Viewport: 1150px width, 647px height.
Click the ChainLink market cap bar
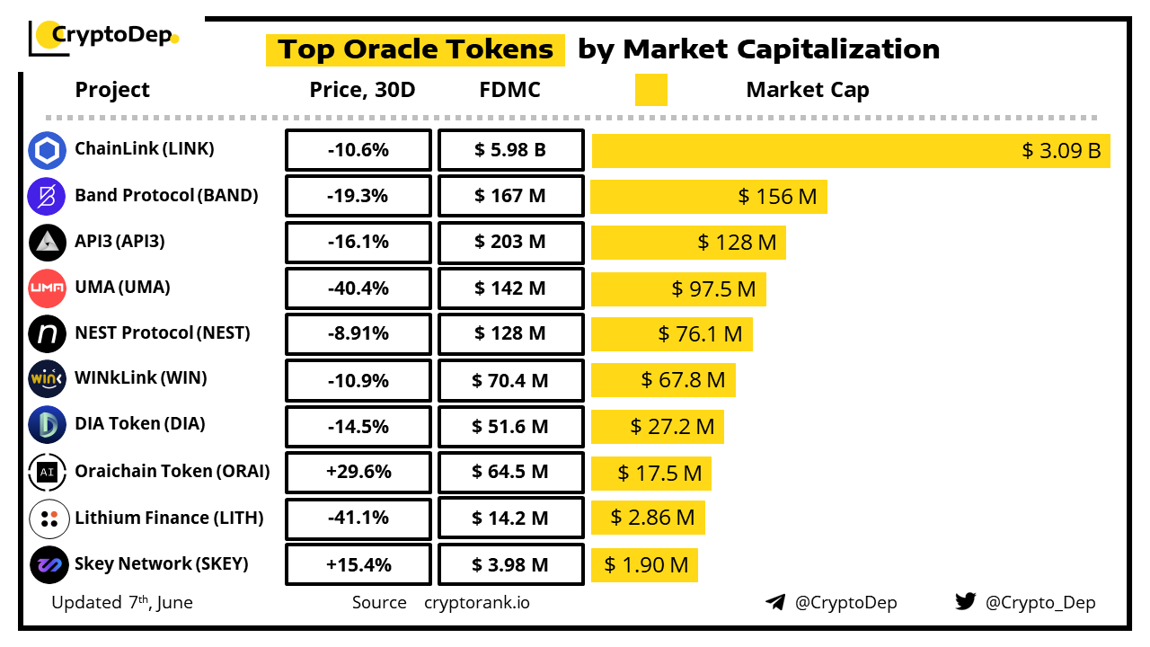[850, 150]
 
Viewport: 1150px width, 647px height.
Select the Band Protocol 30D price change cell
[358, 196]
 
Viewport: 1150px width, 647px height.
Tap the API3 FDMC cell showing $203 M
[510, 242]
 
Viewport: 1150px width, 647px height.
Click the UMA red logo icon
[47, 288]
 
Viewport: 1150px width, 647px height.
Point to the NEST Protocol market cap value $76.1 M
[700, 334]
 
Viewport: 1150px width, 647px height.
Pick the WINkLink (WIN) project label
[140, 378]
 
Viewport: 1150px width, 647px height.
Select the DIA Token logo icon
[47, 425]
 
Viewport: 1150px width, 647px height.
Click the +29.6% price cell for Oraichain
[358, 472]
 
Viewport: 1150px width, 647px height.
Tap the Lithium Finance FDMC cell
[510, 518]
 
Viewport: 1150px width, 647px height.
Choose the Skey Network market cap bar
[644, 564]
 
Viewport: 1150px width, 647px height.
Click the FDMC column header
[510, 90]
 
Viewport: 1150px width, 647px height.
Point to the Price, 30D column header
[362, 90]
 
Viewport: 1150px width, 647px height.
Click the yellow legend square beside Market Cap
[650, 90]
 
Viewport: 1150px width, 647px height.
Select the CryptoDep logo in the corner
[104, 37]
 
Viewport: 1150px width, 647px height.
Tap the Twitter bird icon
[965, 602]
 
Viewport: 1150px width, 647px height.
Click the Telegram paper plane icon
[774, 602]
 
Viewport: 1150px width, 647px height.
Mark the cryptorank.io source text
[476, 603]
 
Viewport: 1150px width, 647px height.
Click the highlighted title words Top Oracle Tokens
[415, 49]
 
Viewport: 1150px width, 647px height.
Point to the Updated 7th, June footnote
[122, 602]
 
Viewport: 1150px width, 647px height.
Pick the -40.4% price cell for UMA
[358, 288]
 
